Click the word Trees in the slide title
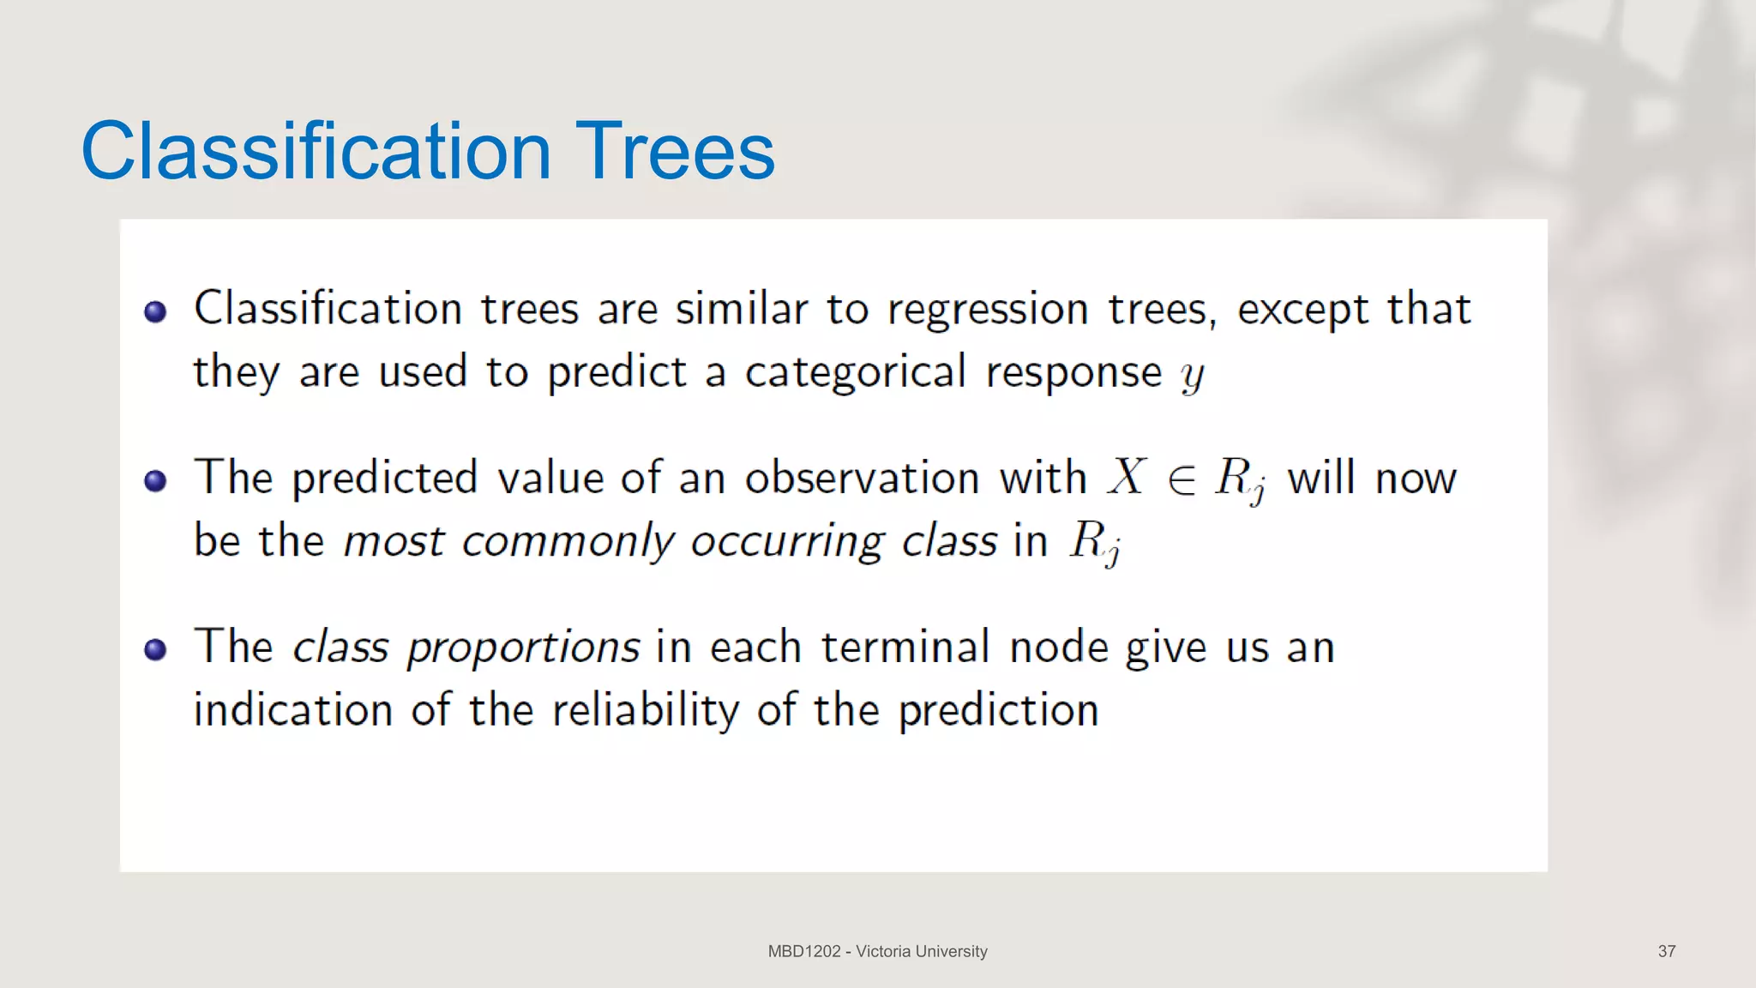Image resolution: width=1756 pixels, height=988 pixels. coord(675,152)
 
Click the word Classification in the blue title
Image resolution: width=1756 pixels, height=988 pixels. coord(316,152)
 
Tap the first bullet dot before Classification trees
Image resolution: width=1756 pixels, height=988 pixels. coord(155,311)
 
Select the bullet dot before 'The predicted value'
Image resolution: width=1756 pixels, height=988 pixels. coord(155,480)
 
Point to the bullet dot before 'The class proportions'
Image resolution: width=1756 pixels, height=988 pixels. coord(155,649)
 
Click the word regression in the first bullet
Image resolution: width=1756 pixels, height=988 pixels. coord(988,310)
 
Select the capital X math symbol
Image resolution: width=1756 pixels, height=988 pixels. coord(1127,477)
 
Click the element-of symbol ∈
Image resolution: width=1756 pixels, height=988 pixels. coord(1182,480)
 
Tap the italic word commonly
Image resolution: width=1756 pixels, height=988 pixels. coord(568,542)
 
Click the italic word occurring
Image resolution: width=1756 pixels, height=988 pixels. coord(787,542)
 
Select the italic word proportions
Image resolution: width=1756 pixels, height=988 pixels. coord(523,648)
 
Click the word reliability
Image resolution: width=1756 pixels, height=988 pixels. coord(645,710)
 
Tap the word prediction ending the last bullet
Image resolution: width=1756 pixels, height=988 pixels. coord(998,710)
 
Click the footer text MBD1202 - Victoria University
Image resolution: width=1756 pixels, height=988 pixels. coord(877,951)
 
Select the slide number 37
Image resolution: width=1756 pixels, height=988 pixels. coord(1666,951)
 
